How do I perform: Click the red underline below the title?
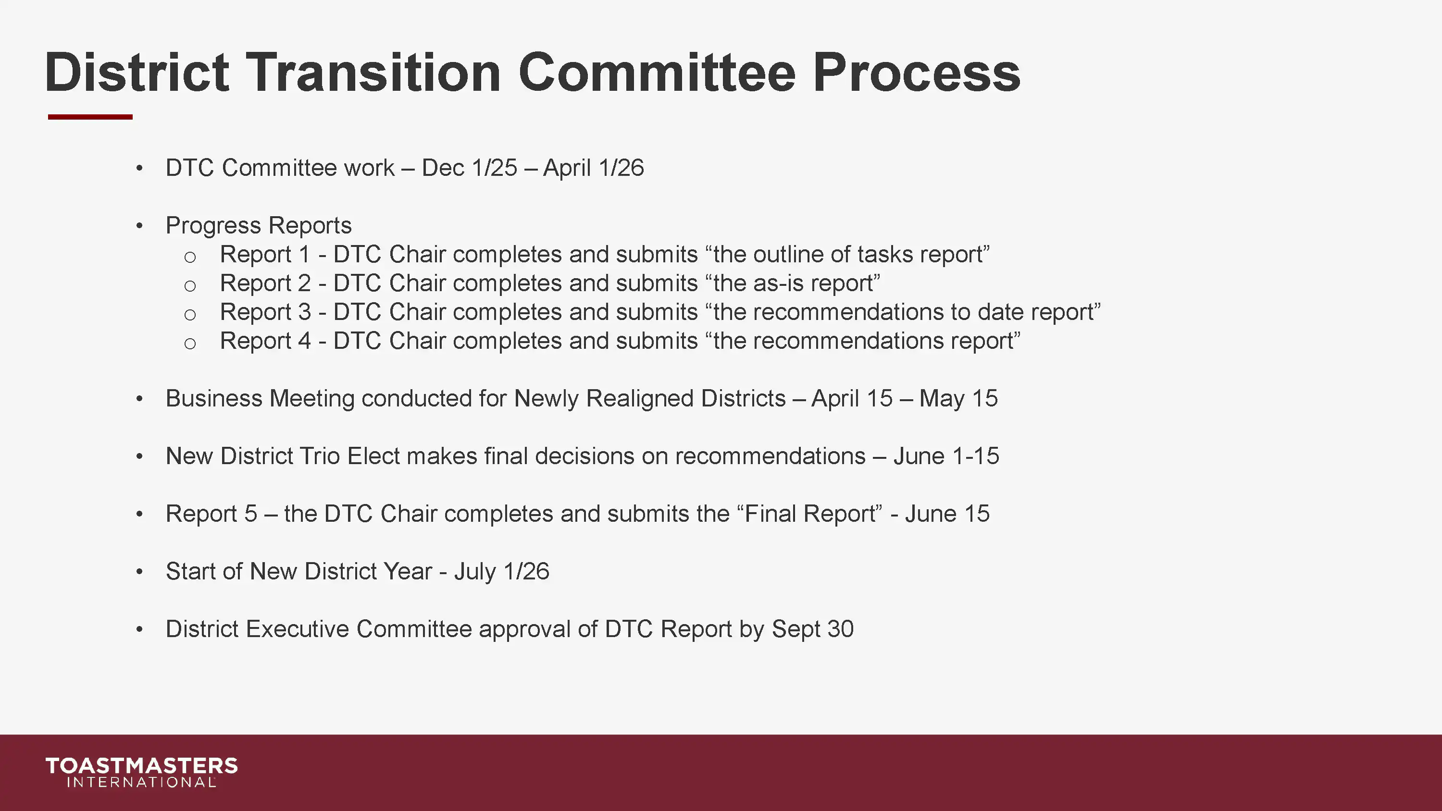click(90, 117)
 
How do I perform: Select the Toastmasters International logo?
click(142, 772)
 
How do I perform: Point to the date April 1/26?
click(593, 168)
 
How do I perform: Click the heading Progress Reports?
click(259, 225)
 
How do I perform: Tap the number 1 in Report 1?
click(304, 255)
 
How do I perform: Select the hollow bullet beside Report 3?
click(190, 315)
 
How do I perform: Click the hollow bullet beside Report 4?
click(190, 343)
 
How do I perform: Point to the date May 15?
click(958, 398)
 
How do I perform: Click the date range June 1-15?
click(946, 456)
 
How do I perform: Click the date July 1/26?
click(501, 571)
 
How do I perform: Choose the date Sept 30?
click(813, 629)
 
